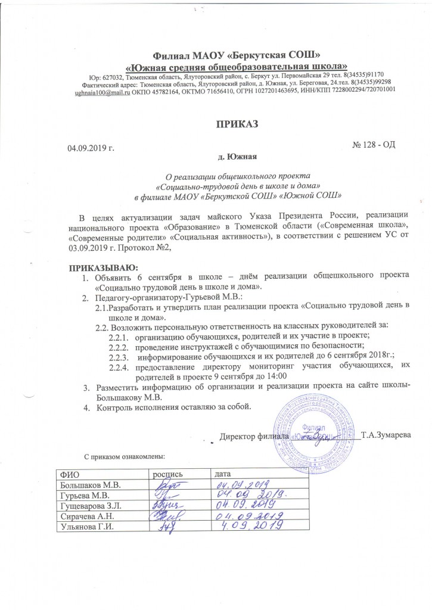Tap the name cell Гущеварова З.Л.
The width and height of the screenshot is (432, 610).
pos(91,506)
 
